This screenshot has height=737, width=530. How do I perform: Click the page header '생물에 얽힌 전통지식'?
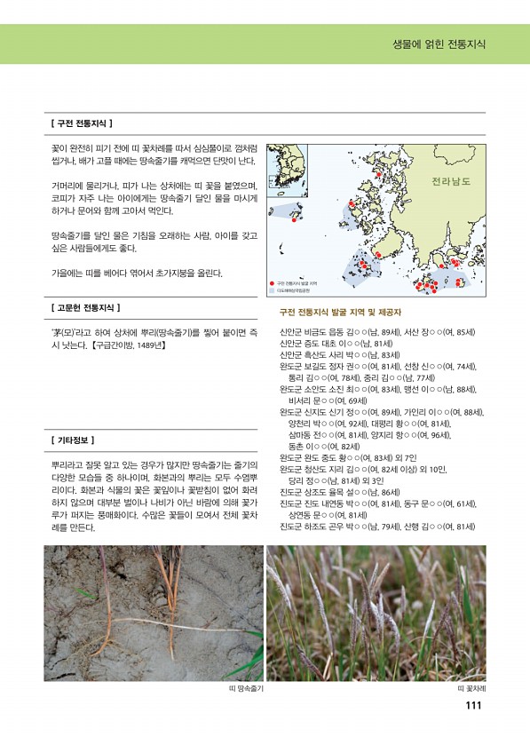pos(439,44)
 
